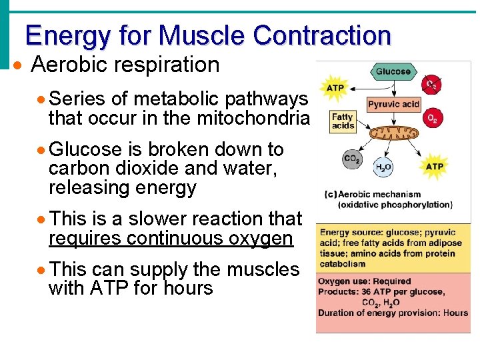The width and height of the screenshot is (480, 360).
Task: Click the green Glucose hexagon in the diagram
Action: (393, 72)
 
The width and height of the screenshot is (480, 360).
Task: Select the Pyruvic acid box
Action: (393, 105)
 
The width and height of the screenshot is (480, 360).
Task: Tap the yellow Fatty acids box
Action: (343, 121)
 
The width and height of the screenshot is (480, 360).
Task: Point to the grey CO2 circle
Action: (352, 160)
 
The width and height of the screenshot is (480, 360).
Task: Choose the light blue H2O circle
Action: (383, 168)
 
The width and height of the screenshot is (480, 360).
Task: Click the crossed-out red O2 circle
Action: (432, 85)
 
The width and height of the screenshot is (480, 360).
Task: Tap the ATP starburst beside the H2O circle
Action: (434, 166)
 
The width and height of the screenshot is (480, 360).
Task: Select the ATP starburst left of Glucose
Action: (335, 87)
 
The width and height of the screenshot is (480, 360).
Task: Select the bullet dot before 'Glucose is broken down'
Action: (41, 150)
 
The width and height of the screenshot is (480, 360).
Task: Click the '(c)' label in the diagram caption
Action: (329, 195)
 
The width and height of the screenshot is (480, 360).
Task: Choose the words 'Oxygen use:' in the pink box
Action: (341, 281)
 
